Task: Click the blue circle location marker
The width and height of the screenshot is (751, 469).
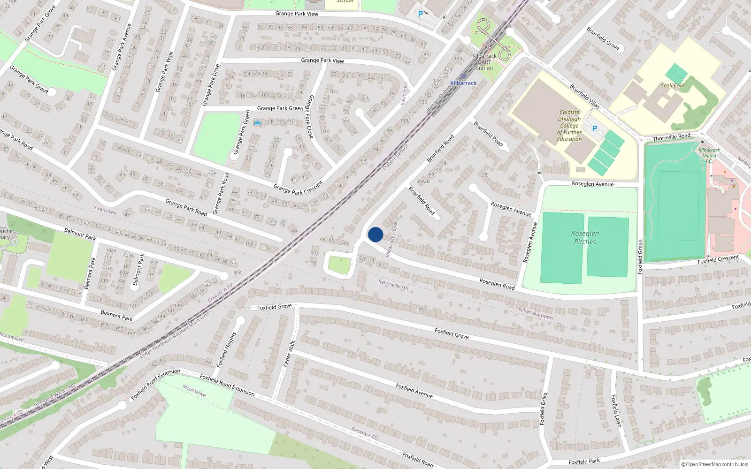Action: pos(375,234)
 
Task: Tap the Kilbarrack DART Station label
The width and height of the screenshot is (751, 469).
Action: pos(484,62)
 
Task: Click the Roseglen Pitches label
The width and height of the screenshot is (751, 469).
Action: pos(585,238)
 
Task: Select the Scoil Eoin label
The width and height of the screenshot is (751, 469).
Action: pos(673,85)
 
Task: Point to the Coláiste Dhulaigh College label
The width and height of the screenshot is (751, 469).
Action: pos(569,126)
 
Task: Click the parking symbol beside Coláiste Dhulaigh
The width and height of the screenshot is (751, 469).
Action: pos(595,129)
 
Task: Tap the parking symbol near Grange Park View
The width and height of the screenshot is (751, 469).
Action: pos(421,14)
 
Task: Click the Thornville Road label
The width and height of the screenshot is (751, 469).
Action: pos(671,137)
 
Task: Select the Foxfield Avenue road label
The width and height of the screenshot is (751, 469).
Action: pos(414,391)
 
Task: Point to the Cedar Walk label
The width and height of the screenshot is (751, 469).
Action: pos(290,354)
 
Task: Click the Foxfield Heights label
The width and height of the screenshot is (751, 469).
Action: pos(227,350)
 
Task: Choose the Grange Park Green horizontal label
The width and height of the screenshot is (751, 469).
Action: pos(280,108)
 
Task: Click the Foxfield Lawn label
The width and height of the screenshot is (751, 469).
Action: pos(616,411)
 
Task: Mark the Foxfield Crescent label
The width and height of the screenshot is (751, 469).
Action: pos(718,259)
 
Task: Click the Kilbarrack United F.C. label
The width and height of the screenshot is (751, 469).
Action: pos(709,156)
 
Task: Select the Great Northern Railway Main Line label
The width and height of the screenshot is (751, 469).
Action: pos(175,334)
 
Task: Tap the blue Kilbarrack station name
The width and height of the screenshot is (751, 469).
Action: pos(463,83)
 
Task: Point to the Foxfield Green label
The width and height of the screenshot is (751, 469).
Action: pos(640,257)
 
